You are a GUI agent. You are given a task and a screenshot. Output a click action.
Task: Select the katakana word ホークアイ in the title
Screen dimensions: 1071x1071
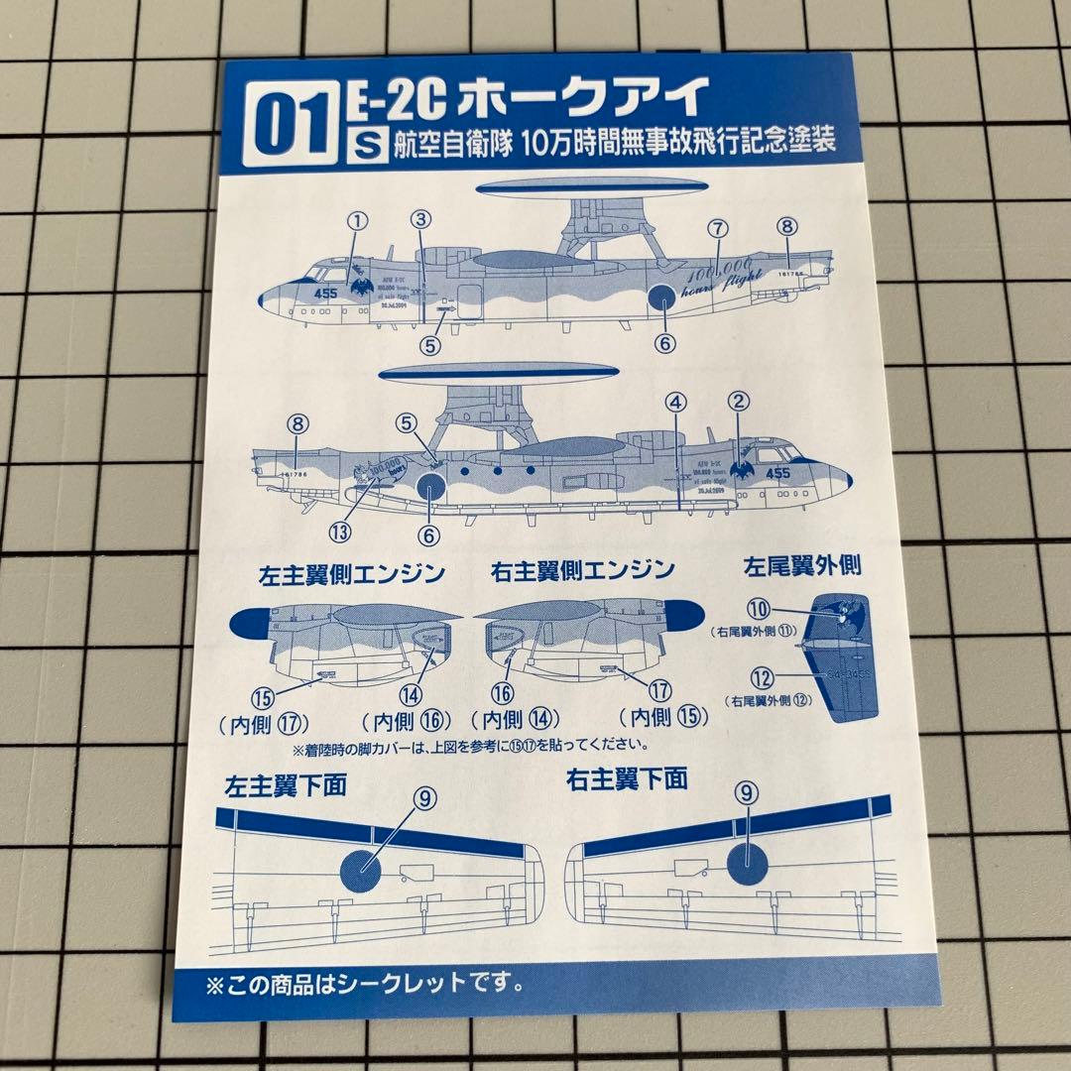584,98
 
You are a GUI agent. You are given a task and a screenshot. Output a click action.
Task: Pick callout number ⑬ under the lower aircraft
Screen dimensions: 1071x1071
340,531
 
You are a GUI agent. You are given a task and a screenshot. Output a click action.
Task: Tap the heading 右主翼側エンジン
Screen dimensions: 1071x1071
583,570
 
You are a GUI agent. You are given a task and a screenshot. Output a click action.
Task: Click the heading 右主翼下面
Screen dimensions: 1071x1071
627,779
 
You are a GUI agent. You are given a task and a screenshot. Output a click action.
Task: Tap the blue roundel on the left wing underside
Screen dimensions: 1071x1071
366,867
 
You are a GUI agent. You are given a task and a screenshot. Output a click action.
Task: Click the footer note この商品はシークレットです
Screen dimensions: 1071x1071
365,987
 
